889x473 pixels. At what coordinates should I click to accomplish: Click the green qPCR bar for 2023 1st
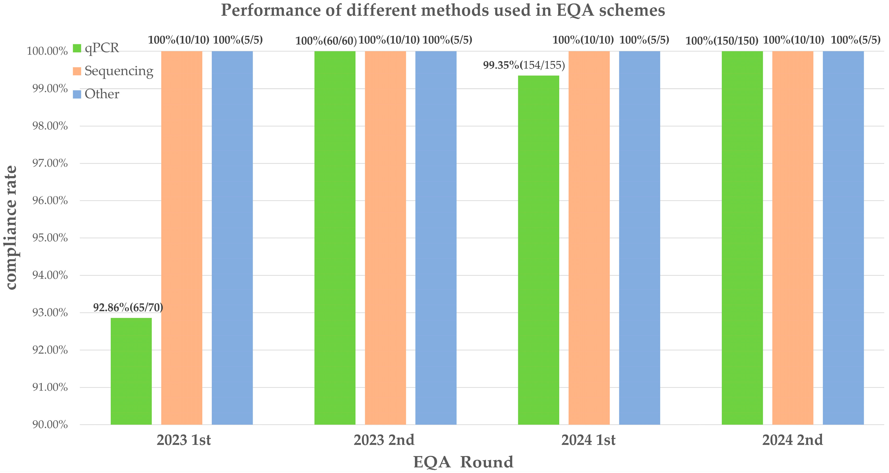coord(131,371)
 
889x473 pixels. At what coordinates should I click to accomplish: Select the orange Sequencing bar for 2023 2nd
coord(386,238)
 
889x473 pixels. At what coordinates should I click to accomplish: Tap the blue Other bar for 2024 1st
coord(639,238)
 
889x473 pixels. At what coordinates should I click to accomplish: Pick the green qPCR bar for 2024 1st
coord(539,250)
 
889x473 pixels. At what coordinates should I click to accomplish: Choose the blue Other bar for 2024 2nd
coord(843,238)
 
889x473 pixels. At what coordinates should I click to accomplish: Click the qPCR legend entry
coord(96,48)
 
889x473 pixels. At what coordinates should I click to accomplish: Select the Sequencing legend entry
coord(113,71)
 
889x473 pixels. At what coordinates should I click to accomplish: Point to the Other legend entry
coord(96,94)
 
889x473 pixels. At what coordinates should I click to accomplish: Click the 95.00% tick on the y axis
coord(50,238)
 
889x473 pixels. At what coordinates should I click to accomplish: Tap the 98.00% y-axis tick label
coord(50,126)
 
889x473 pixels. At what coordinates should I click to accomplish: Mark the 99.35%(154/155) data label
coord(524,65)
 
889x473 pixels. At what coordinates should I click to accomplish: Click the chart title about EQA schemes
coord(443,10)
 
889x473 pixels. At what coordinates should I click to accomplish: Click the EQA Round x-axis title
coord(464,462)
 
